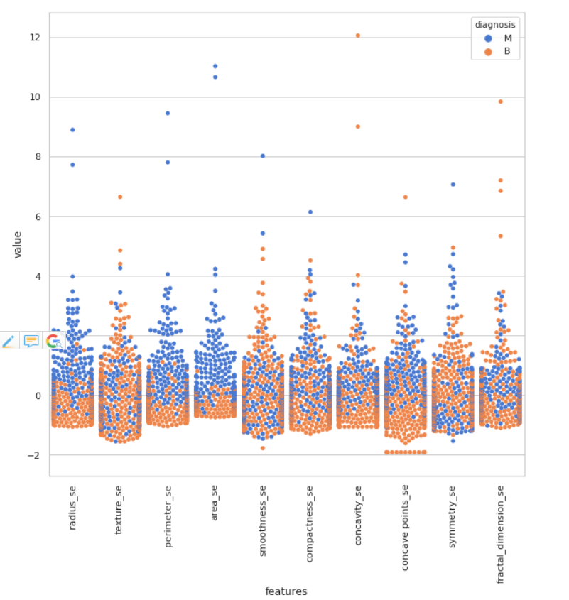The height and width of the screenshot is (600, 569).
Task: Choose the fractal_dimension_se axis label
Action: pyautogui.click(x=500, y=535)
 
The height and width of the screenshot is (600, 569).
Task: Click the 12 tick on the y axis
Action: pyautogui.click(x=34, y=37)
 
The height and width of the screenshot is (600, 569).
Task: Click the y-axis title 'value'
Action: pyautogui.click(x=18, y=244)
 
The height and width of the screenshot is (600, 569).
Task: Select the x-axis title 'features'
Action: pyautogui.click(x=286, y=591)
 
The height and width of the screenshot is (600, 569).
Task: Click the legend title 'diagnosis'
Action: pyautogui.click(x=495, y=24)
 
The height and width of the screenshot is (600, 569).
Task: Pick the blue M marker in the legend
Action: pyautogui.click(x=488, y=38)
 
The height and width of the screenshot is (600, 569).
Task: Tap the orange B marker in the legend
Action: pyautogui.click(x=488, y=51)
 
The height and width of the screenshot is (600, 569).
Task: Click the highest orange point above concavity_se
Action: pyautogui.click(x=358, y=35)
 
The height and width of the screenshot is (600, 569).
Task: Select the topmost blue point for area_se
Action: pyautogui.click(x=215, y=66)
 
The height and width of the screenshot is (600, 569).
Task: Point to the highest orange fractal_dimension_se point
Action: pyautogui.click(x=500, y=102)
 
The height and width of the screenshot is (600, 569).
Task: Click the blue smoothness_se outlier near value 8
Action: pyautogui.click(x=263, y=156)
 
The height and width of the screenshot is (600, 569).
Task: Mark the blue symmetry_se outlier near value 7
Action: pyautogui.click(x=453, y=184)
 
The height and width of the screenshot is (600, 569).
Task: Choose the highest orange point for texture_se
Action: pyautogui.click(x=120, y=197)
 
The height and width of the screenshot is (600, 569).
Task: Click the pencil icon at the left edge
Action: pyautogui.click(x=9, y=341)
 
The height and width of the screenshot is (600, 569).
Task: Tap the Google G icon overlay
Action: pyautogui.click(x=53, y=341)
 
